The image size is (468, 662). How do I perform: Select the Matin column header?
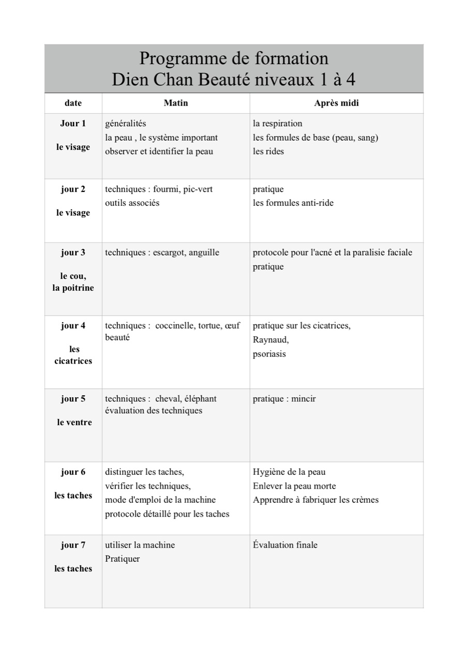176,103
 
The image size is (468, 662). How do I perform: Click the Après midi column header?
336,103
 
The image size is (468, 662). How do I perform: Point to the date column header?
73,103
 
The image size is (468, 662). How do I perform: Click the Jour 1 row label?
73,124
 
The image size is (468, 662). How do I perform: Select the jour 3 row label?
73,253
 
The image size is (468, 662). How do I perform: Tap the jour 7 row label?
73,545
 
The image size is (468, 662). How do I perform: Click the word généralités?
126,124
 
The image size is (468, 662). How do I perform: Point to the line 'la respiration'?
277,124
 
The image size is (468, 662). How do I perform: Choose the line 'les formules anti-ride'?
293,203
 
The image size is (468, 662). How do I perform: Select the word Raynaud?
270,340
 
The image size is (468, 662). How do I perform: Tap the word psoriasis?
269,354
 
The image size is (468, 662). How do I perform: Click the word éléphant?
200,399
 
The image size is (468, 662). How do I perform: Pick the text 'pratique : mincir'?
284,399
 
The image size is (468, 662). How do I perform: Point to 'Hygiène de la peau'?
289,472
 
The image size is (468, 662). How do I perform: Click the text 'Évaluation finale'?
285,545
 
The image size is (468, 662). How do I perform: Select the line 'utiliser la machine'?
140,545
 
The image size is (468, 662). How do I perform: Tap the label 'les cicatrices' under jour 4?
73,355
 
